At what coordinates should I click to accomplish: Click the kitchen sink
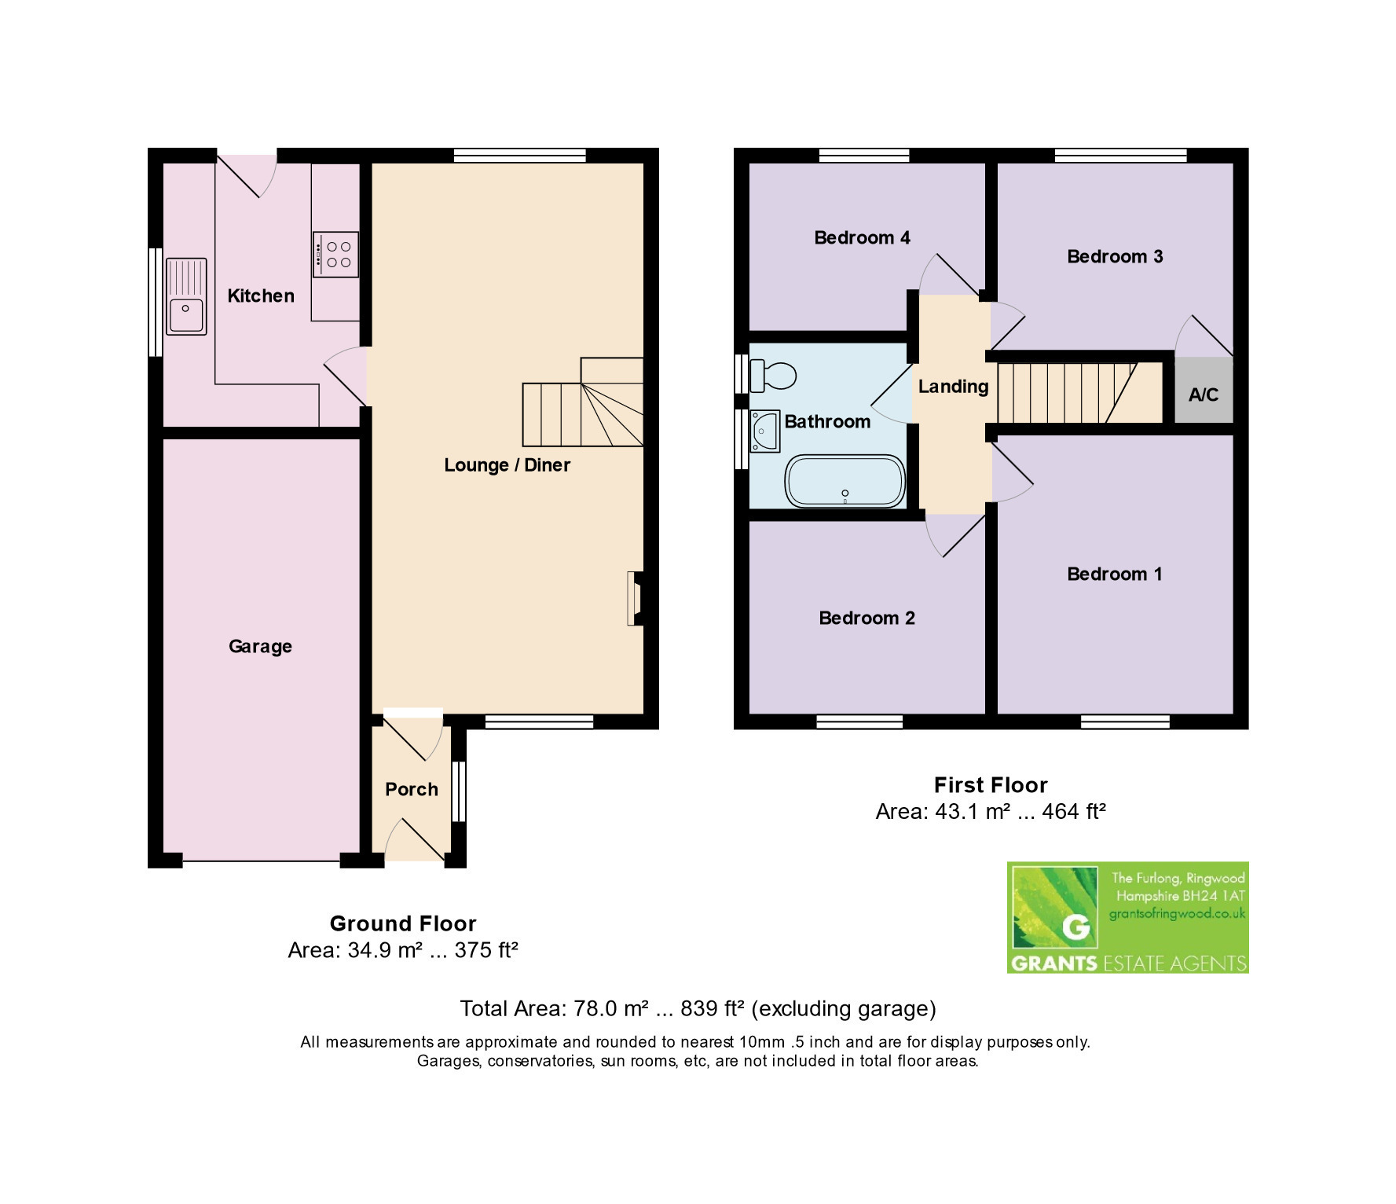point(186,296)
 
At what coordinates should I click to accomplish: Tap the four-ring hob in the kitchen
point(336,254)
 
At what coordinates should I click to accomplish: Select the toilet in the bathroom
point(773,376)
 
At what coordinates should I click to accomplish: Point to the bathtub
point(845,480)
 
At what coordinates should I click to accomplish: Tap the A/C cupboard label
point(1204,395)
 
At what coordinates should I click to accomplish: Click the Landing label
point(953,387)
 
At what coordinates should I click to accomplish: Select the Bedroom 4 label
point(862,237)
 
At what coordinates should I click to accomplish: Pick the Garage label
point(260,647)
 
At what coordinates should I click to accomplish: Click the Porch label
point(412,789)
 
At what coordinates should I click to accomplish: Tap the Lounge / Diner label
point(507,465)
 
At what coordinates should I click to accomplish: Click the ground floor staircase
point(583,402)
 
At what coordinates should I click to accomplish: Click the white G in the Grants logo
point(1075,927)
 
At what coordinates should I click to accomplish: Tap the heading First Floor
point(991,785)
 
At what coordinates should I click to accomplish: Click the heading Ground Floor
point(403,923)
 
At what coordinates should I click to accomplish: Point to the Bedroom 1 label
point(1114,574)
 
